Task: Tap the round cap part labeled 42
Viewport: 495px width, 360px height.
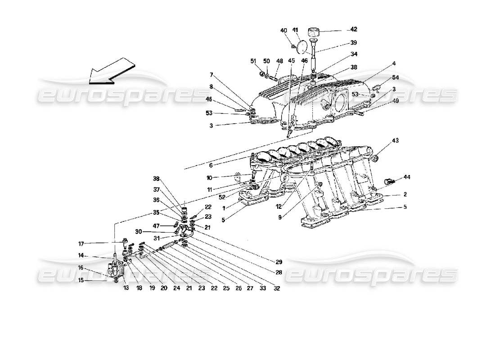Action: point(314,32)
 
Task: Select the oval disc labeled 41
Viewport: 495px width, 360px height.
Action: point(306,46)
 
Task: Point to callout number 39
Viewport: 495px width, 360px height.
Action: point(353,43)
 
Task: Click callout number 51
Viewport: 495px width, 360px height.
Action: point(253,62)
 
